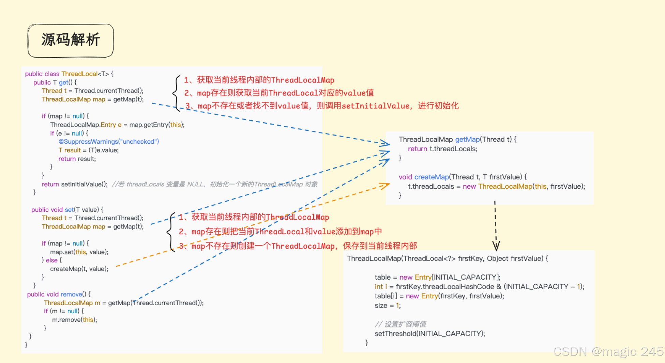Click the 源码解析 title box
70,40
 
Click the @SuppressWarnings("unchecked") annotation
108,141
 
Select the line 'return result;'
77,159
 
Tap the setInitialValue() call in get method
84,184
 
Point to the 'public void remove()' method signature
59,294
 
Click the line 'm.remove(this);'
74,320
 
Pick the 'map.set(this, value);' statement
79,252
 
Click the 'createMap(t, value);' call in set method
79,269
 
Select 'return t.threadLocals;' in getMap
442,149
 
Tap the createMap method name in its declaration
432,177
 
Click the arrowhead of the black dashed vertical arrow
496,246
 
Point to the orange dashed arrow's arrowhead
384,186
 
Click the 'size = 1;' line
388,305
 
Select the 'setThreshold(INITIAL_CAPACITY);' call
429,333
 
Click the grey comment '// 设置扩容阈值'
400,324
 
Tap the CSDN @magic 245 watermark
608,351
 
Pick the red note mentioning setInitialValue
322,106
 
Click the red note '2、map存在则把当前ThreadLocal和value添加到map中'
280,232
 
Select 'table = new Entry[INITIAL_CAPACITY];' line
437,277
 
